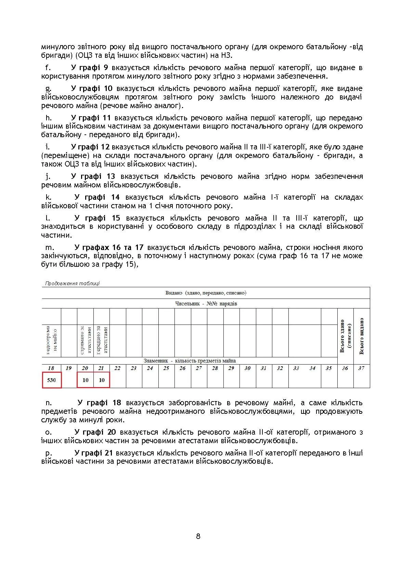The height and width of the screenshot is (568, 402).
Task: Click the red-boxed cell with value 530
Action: coord(51,380)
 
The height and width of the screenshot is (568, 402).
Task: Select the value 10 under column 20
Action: coord(85,380)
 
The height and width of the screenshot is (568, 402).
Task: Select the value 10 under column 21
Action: coord(102,380)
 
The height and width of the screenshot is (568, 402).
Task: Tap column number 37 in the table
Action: coord(361,368)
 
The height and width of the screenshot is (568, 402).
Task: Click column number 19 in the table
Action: coord(68,368)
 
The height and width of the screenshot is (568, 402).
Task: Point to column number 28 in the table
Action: coord(215,368)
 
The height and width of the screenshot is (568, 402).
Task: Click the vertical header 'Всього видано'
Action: coord(362,336)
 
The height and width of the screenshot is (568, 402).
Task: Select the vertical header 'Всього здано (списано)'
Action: coord(345,336)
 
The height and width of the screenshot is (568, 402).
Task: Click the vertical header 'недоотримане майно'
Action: coord(51,340)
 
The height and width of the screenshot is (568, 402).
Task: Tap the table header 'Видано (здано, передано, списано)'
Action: coord(206,293)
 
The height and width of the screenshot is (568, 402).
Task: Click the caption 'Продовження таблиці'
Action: coord(72,283)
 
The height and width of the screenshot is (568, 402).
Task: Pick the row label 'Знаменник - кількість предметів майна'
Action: coord(190,360)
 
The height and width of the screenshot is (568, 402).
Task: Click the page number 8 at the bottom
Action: coord(198,536)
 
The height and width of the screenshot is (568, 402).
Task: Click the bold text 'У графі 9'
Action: coord(90,67)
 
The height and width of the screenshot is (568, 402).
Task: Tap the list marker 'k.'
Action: coord(49,197)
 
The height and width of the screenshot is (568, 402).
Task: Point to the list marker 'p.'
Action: coord(49,453)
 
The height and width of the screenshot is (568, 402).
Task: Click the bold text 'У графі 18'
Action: coord(99,402)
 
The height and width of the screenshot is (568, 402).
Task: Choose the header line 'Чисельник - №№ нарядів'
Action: coord(206,303)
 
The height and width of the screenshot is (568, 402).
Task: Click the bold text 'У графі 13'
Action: coord(93,176)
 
